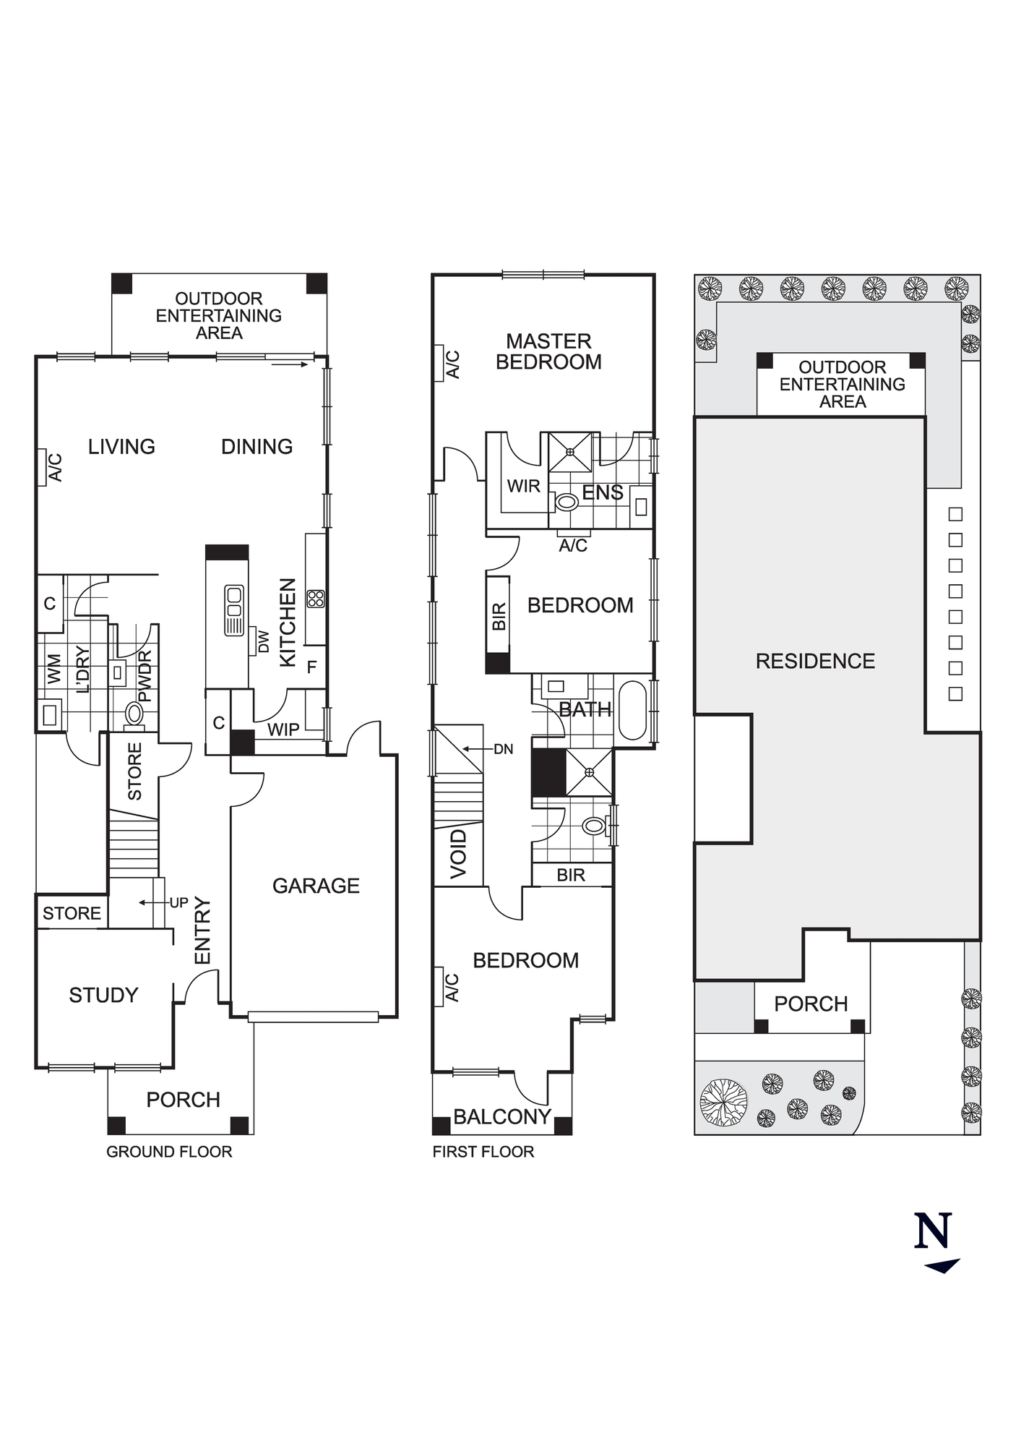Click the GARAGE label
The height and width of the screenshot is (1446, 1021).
pos(316,886)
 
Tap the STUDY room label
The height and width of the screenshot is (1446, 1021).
pos(103,995)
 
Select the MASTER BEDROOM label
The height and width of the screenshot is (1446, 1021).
pos(548,351)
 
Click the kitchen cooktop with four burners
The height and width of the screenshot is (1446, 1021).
pos(316,599)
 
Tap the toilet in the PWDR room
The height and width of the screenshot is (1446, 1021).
pos(134,714)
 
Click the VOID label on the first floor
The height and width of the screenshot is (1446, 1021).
pos(459,855)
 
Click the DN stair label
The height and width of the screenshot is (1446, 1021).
pos(503,749)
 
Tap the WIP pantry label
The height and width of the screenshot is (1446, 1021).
pos(283,730)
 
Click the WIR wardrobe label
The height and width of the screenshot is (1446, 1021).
pos(524,486)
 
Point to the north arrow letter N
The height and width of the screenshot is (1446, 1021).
pos(933,1231)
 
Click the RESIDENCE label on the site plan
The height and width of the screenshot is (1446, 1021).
pos(815,661)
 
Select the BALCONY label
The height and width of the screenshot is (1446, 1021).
pos(502,1117)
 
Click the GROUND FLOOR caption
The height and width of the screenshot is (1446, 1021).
pos(169,1152)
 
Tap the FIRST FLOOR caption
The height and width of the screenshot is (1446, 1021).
pos(483,1152)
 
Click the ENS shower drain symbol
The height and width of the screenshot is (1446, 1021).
pos(570,453)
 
